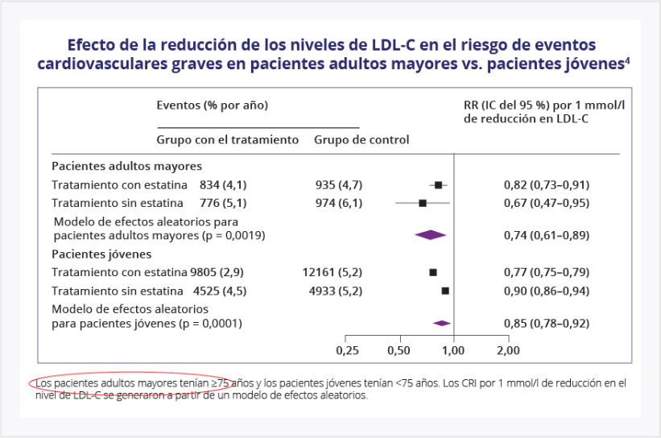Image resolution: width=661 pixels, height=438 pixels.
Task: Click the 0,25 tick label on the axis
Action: pyautogui.click(x=347, y=350)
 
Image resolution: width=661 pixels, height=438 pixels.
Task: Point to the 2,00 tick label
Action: pyautogui.click(x=508, y=350)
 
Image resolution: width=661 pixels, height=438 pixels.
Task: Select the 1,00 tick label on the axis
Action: pyautogui.click(x=453, y=350)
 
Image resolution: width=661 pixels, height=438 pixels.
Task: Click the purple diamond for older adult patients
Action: pyautogui.click(x=430, y=234)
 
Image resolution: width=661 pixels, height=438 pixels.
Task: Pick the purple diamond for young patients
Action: pyautogui.click(x=441, y=323)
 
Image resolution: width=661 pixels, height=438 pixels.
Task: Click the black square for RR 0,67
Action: pyautogui.click(x=423, y=203)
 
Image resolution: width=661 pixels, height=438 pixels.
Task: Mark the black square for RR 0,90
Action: pyautogui.click(x=445, y=290)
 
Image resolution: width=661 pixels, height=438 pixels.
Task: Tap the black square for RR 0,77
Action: pyautogui.click(x=433, y=273)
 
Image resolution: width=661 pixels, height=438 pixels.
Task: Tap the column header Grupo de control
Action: pyautogui.click(x=361, y=139)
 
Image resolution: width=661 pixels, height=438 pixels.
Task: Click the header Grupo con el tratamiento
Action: pyautogui.click(x=228, y=139)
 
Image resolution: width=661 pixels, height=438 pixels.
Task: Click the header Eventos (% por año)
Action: pyautogui.click(x=212, y=105)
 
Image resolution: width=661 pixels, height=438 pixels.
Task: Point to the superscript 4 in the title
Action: pyautogui.click(x=627, y=59)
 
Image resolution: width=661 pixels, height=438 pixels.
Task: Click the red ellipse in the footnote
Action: pyautogui.click(x=125, y=385)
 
